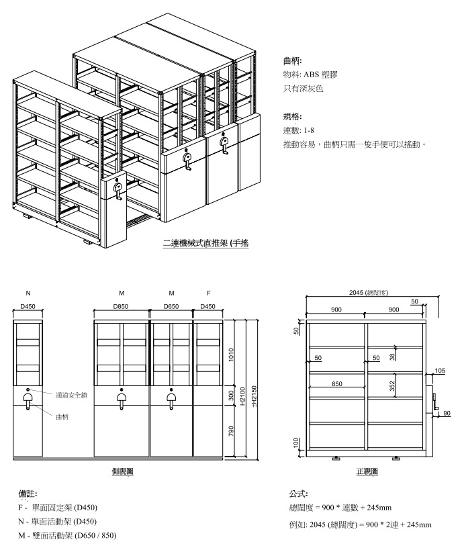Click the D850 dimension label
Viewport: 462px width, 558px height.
122,307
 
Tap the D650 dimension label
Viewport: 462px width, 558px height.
171,307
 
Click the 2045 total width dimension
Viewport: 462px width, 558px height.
366,293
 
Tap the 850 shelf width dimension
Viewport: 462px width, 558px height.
337,384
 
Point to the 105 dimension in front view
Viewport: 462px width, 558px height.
440,371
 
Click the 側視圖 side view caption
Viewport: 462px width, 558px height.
122,472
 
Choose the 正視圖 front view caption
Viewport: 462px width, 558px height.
367,472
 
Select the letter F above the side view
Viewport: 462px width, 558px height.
209,293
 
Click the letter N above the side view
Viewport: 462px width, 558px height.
28,293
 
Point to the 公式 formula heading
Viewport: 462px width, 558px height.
297,494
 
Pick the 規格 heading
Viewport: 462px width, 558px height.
293,116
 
